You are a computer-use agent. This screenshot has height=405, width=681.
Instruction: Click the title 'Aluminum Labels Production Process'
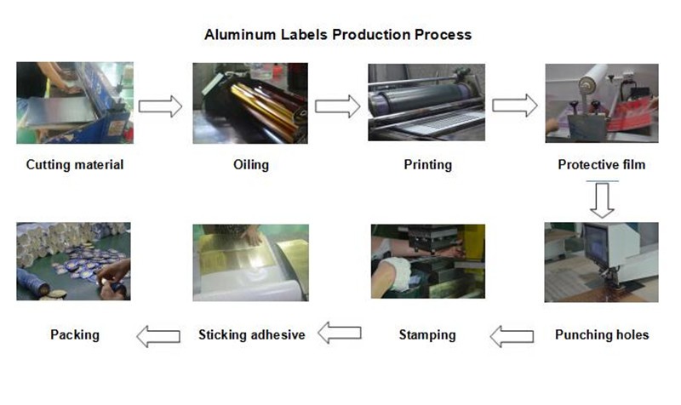pos(338,35)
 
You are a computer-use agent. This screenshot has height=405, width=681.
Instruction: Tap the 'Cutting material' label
pos(75,164)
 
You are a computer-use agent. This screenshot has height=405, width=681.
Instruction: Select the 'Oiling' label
pos(250,164)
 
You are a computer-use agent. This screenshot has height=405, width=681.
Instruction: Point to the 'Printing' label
pos(427,164)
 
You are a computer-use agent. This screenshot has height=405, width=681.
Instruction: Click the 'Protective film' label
pos(601,164)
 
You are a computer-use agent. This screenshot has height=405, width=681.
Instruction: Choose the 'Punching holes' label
pos(602,334)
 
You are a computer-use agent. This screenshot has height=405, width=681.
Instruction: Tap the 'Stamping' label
pos(427,334)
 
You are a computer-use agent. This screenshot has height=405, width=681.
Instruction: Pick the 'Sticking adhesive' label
pos(251,334)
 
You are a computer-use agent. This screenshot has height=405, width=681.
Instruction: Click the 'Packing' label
pos(75,334)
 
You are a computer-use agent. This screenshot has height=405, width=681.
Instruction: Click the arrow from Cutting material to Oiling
pos(160,106)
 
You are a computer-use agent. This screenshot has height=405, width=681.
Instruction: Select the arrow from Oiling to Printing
pos(337,106)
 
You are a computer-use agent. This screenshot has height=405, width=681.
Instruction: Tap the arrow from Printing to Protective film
pos(514,106)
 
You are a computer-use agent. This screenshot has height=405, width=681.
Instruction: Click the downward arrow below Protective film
pos(603,201)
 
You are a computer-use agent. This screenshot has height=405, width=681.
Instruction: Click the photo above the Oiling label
pos(250,102)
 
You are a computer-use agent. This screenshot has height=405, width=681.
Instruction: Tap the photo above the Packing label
pos(74,261)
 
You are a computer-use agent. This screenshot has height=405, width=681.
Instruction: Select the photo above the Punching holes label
pos(601,262)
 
